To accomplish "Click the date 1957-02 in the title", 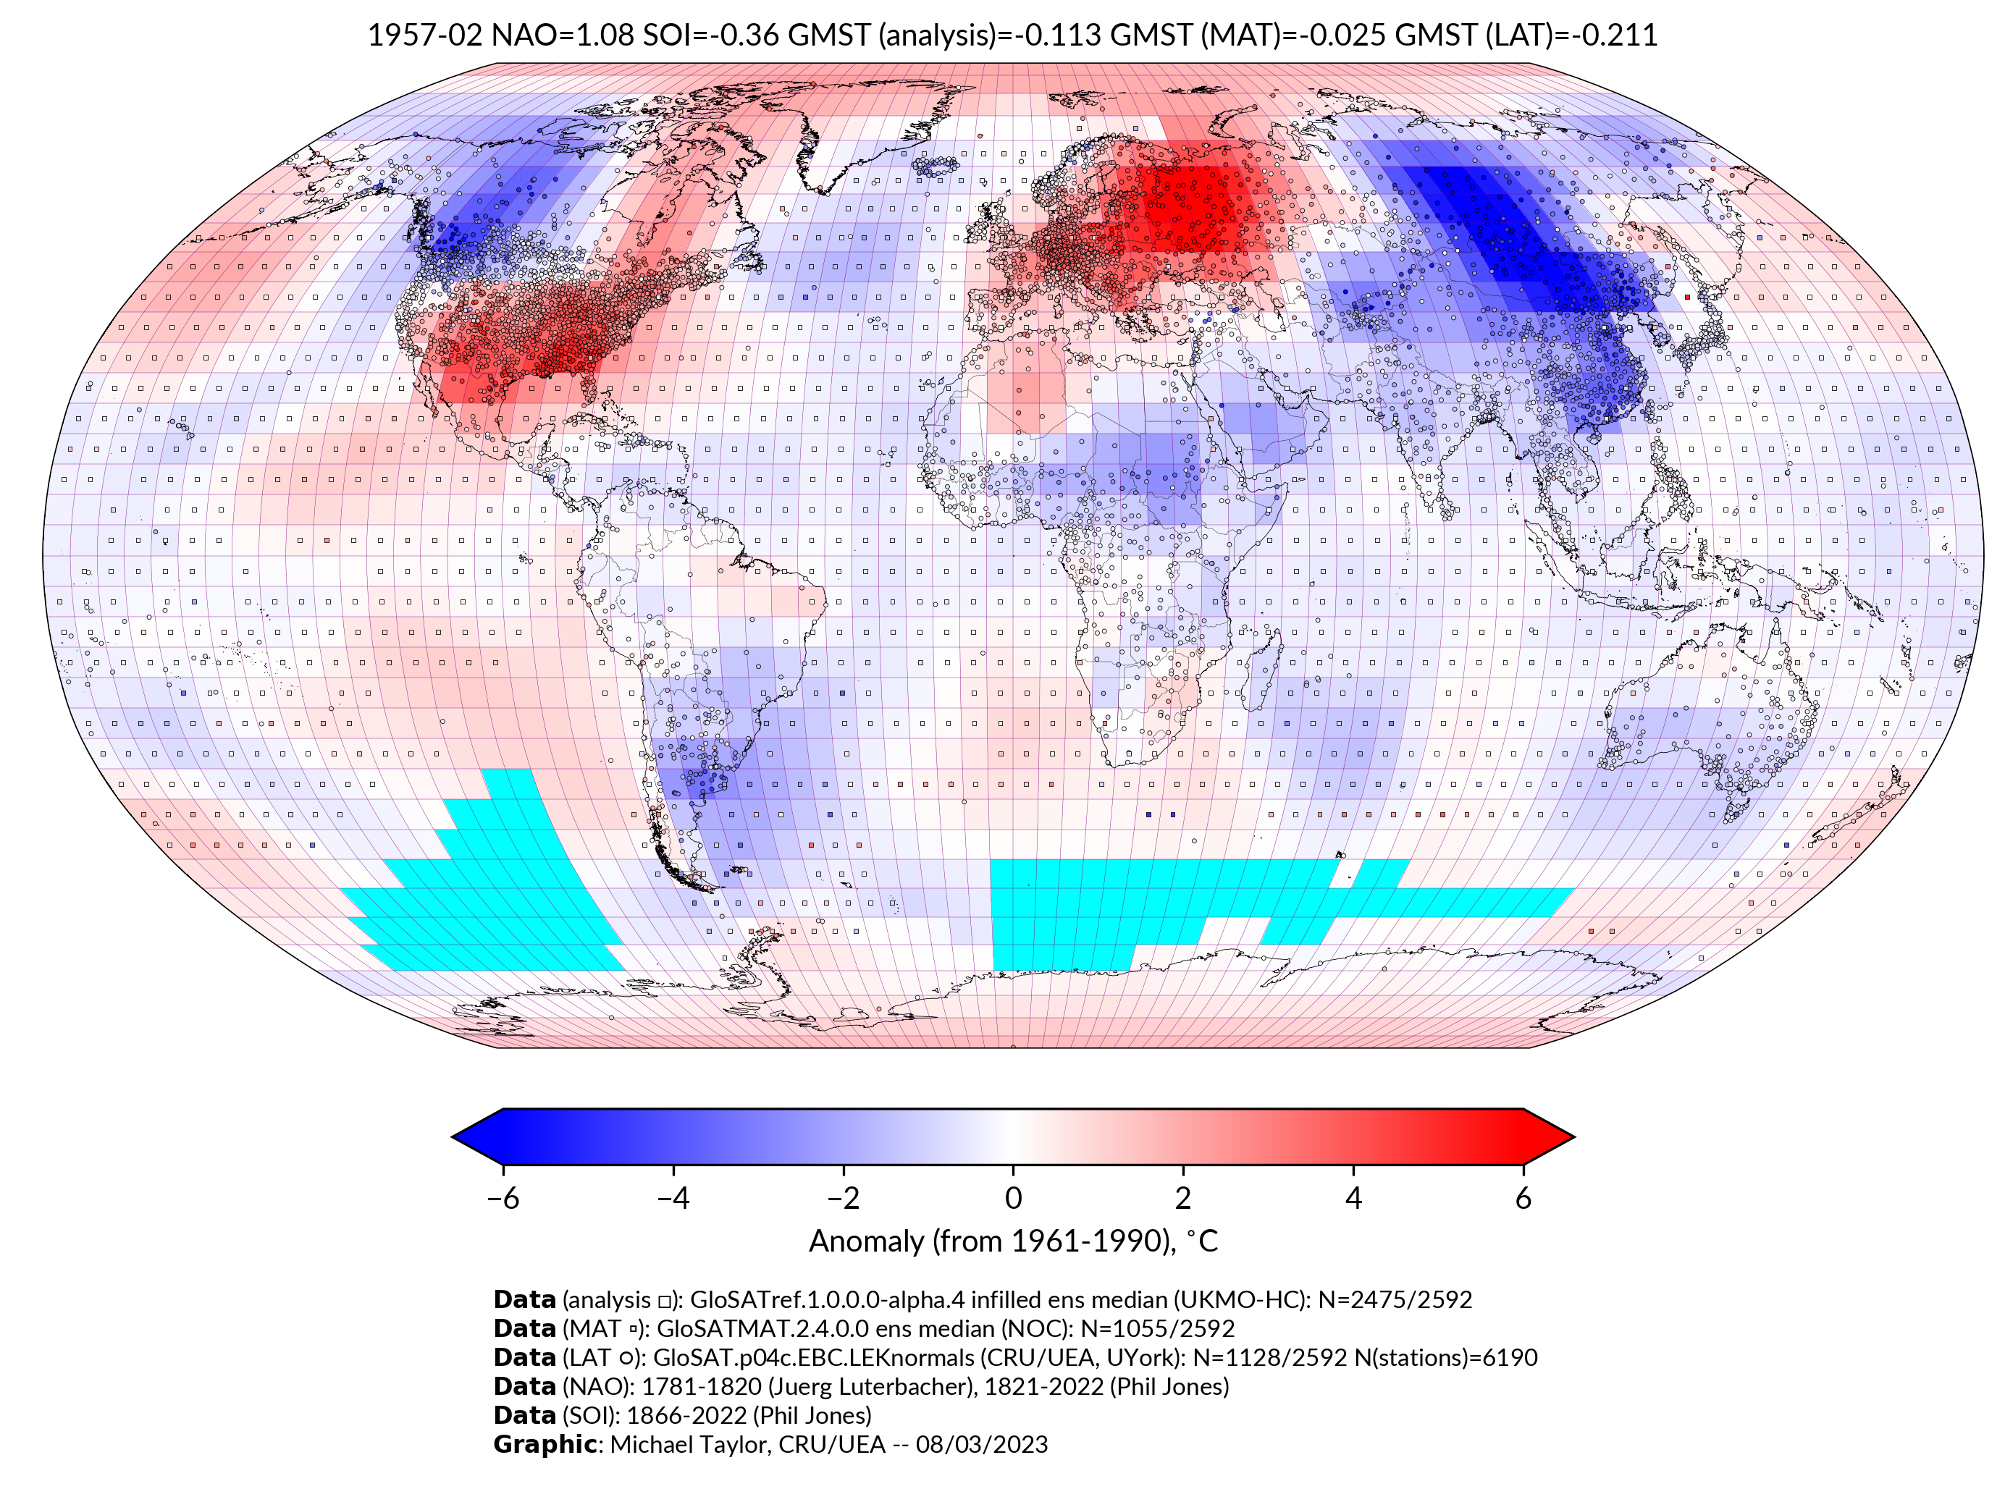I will pyautogui.click(x=424, y=35).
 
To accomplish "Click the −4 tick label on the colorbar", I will pyautogui.click(x=673, y=1198).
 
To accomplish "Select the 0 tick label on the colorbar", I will pyautogui.click(x=1013, y=1198).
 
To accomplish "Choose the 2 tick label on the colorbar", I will pyautogui.click(x=1183, y=1198).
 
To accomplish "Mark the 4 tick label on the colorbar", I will pyautogui.click(x=1353, y=1198).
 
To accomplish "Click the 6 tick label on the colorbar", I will pyautogui.click(x=1523, y=1198).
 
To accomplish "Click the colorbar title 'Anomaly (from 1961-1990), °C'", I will pyautogui.click(x=1013, y=1241).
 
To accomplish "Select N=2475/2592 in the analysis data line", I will pyautogui.click(x=1395, y=1300).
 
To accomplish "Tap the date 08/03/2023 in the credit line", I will pyautogui.click(x=982, y=1444).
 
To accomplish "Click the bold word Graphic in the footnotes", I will pyautogui.click(x=545, y=1444).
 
